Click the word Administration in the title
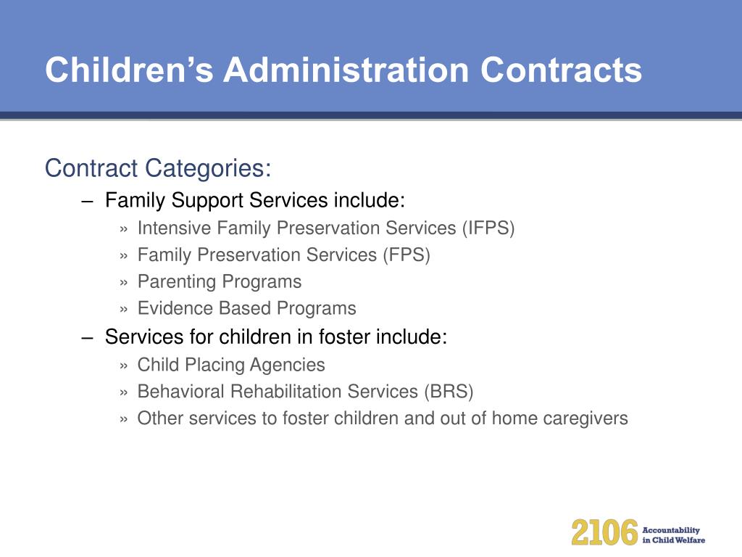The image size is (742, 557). click(x=346, y=70)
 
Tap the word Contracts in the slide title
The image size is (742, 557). click(x=561, y=70)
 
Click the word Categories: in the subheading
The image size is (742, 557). click(x=208, y=168)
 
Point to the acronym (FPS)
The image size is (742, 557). click(x=407, y=255)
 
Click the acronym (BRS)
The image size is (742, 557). click(x=449, y=392)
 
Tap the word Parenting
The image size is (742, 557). click(x=177, y=282)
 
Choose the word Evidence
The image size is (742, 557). click(x=175, y=308)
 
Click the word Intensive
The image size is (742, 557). click(x=174, y=228)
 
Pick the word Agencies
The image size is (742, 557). click(x=287, y=366)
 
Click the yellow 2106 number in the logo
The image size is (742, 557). click(x=604, y=532)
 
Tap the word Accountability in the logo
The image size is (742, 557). click(x=671, y=530)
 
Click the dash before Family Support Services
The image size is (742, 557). click(x=87, y=202)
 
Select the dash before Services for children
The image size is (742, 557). click(x=87, y=338)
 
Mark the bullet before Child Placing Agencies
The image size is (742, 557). click(x=124, y=366)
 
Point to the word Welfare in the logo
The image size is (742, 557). click(x=691, y=540)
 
